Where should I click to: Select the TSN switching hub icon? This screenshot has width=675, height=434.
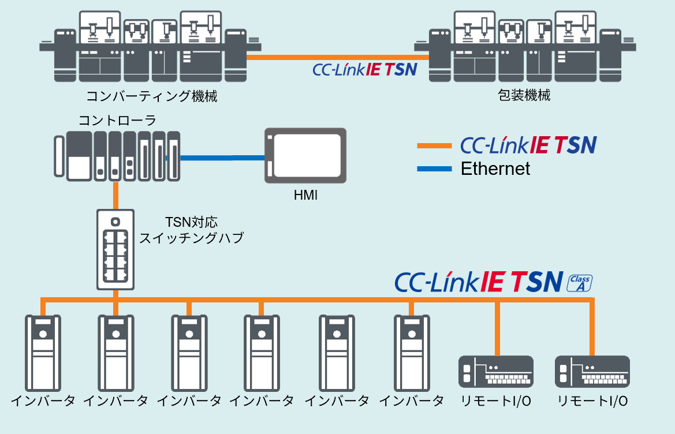pos(115,249)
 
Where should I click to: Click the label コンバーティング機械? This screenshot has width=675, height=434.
pos(152,96)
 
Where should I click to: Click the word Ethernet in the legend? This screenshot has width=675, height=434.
pos(495,169)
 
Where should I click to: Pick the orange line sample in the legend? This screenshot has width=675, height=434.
pos(434,146)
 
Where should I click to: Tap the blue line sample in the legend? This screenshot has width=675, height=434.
pos(434,169)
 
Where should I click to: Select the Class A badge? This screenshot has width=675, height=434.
pos(580,283)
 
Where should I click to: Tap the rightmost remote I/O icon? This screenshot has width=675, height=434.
pos(592,371)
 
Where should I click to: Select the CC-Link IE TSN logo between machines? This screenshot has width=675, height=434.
pos(364,70)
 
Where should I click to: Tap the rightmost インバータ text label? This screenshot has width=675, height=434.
pos(412,401)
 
